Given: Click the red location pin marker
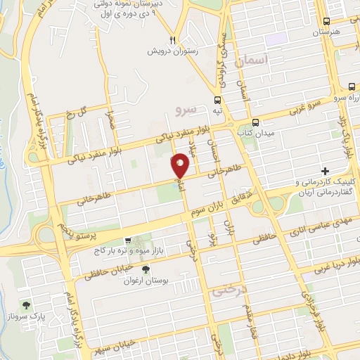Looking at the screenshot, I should [x=181, y=165].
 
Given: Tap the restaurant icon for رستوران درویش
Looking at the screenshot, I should [x=171, y=39].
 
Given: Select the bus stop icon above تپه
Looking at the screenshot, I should [x=218, y=99].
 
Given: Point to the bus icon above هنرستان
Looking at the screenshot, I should [x=327, y=22].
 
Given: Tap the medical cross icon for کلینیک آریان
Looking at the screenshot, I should [x=325, y=171].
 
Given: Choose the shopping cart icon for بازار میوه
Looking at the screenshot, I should [x=127, y=240].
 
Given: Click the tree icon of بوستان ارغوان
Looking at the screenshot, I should [x=146, y=269].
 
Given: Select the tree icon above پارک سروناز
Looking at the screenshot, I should [x=27, y=305].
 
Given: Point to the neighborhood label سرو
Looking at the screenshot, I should [x=184, y=109].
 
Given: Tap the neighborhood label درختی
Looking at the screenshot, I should [x=226, y=288].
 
